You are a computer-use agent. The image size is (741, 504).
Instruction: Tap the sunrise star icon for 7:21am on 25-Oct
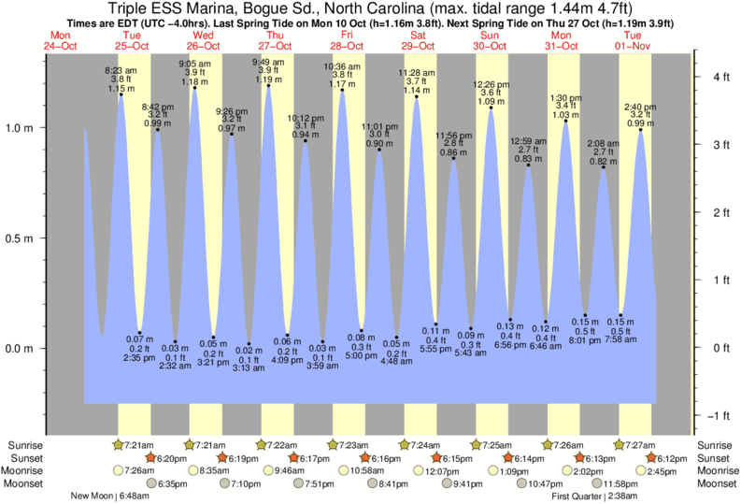pyautogui.click(x=118, y=444)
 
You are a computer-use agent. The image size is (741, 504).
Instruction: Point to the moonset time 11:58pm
pyautogui.click(x=626, y=483)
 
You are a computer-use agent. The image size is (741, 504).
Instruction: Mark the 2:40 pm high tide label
pyautogui.click(x=641, y=106)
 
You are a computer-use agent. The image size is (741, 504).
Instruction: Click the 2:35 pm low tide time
pyautogui.click(x=140, y=356)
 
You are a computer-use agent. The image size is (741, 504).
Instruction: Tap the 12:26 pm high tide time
pyautogui.click(x=492, y=84)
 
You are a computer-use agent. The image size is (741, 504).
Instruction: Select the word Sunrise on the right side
pyautogui.click(x=717, y=444)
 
